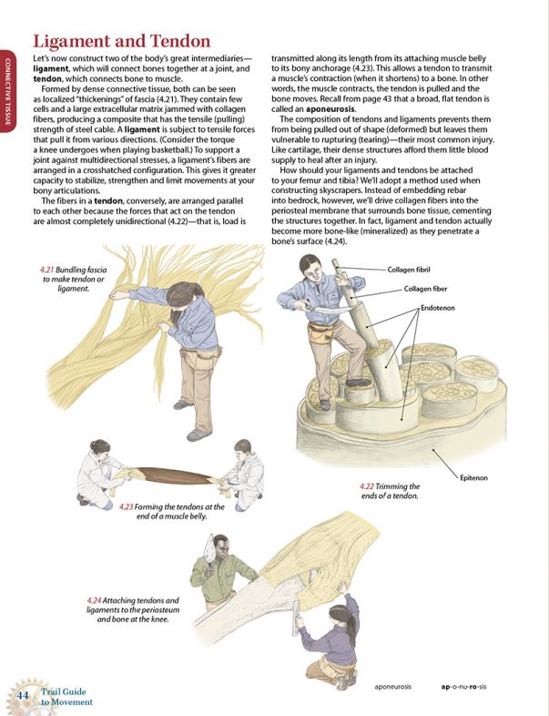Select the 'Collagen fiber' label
coord(428,290)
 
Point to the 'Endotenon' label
coord(438,310)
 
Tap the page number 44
coord(24,695)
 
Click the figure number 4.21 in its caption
coord(49,271)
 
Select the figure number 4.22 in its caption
coord(371,486)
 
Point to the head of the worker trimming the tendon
coord(309,271)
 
